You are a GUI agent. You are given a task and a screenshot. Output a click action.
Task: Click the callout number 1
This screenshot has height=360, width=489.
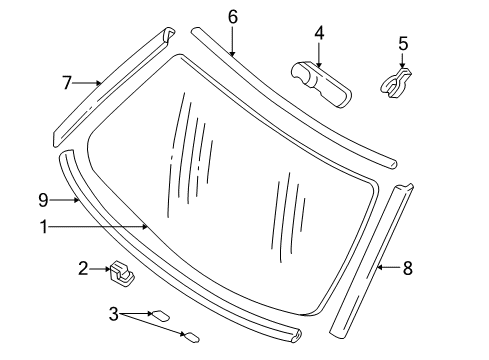tap(45, 227)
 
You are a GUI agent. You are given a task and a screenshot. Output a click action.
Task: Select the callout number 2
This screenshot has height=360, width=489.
tap(85, 267)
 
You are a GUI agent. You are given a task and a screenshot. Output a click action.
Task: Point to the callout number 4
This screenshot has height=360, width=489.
tap(319, 33)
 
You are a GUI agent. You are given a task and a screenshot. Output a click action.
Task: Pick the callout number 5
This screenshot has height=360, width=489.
tap(403, 43)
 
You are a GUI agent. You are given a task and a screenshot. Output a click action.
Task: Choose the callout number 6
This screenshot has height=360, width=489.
tap(232, 16)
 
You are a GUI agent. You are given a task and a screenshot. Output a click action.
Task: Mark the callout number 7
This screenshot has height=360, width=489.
tap(68, 83)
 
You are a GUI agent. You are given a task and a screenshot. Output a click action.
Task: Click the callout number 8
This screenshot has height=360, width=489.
tap(407, 267)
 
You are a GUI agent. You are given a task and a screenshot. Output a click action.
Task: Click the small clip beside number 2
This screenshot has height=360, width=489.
tap(122, 270)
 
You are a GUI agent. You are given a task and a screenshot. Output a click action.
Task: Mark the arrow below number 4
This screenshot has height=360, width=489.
tap(319, 56)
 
